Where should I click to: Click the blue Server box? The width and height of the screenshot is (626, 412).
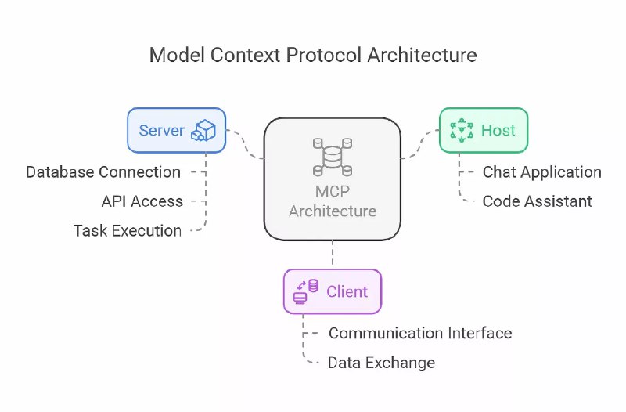[176, 130]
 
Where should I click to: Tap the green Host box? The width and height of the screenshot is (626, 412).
[483, 130]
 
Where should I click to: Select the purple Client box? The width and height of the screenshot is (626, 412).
[332, 291]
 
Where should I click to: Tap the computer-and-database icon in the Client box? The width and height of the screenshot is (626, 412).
[305, 291]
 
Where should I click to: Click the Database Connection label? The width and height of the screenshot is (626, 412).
[103, 172]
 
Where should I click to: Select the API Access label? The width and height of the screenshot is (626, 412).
[142, 201]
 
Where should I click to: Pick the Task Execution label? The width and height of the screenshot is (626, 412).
[128, 230]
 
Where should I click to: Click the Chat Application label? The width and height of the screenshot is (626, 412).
[541, 172]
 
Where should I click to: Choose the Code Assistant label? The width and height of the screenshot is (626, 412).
[537, 201]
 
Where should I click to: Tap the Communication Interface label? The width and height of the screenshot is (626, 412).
[420, 333]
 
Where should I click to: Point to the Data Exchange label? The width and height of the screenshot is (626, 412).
[381, 363]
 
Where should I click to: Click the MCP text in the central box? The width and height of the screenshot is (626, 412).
[332, 193]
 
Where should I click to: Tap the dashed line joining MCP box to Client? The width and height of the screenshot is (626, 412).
[333, 255]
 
